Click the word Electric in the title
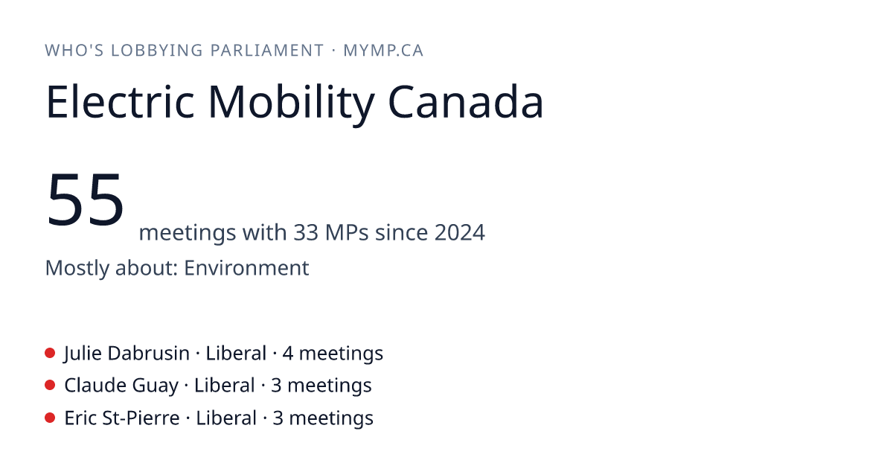pos(121,101)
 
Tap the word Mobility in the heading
pos(292,105)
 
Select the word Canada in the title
pos(466,102)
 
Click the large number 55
pos(85,199)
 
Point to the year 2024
pos(460,232)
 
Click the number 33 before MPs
pos(306,232)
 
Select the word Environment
pos(246,267)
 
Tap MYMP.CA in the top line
pos(383,51)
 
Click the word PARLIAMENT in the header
pos(267,51)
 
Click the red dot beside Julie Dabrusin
pos(50,353)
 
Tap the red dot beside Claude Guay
pos(50,386)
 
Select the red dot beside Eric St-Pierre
pos(50,418)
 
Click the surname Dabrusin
pos(148,354)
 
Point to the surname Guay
pos(155,386)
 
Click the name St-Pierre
pos(141,418)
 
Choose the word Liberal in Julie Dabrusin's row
pos(236,354)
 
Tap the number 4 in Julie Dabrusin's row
pos(287,354)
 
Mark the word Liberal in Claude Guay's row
pos(225,386)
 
